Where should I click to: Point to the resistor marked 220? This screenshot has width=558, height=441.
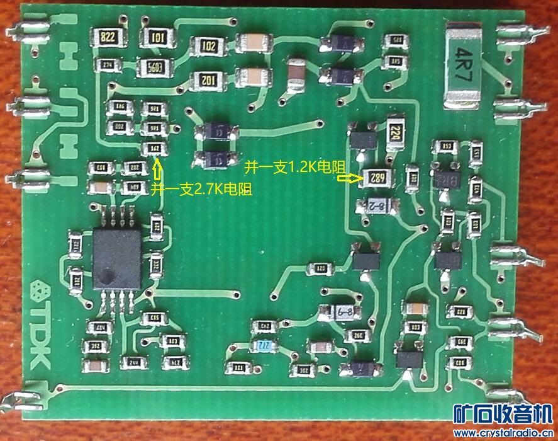tap(396, 134)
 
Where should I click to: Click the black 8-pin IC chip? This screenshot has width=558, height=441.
tap(117, 257)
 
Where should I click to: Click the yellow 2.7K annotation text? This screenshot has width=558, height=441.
tap(201, 189)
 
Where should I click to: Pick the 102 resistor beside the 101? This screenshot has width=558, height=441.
tap(208, 45)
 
